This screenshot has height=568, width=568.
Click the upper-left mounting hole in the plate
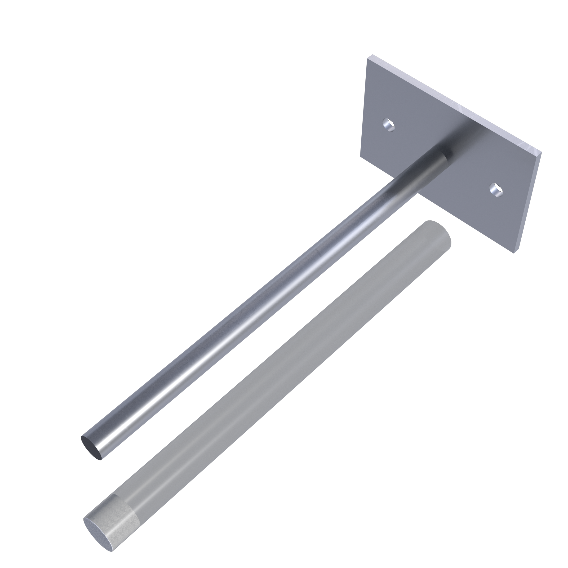coord(389,125)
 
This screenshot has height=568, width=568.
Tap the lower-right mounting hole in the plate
coord(496,190)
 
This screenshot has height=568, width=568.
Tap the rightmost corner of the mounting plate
coord(541,152)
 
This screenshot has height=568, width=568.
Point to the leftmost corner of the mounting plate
coord(360,156)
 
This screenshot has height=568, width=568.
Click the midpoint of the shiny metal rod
coord(265,303)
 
